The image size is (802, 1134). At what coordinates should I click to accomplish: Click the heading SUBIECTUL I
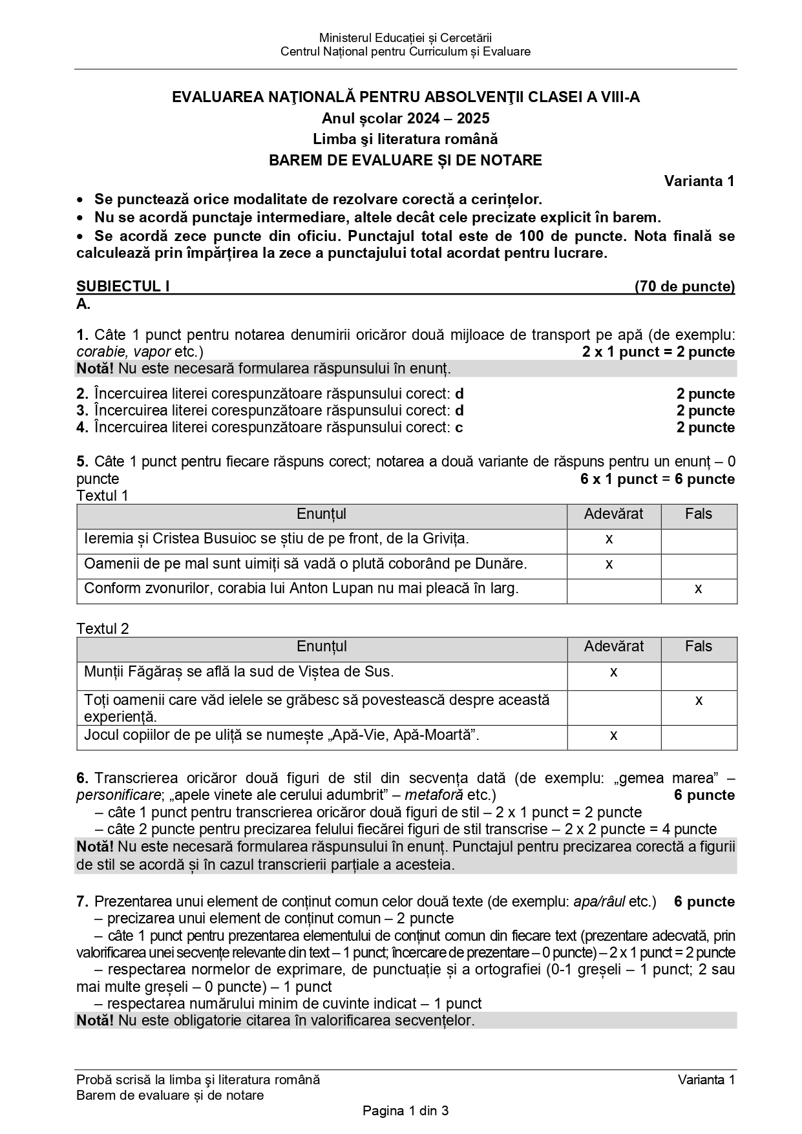(x=123, y=286)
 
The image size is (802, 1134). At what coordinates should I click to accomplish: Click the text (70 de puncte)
(x=684, y=286)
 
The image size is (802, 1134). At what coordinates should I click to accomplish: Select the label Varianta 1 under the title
(x=699, y=181)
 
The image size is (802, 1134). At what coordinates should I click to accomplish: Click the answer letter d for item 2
(x=459, y=394)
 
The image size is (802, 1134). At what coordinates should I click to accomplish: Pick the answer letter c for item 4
(x=459, y=428)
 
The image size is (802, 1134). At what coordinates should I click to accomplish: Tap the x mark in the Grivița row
(x=609, y=539)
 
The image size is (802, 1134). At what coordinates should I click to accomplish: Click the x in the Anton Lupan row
(x=698, y=589)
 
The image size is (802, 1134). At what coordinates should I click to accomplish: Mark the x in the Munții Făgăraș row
(x=613, y=672)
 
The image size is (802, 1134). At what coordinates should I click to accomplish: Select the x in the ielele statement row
(x=699, y=700)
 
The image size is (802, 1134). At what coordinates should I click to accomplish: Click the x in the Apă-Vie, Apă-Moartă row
(x=613, y=735)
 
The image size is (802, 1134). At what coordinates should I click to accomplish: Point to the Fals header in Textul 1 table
(x=698, y=514)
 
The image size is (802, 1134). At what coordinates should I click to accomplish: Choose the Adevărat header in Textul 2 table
(x=613, y=647)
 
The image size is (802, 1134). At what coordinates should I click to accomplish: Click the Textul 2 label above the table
(x=103, y=629)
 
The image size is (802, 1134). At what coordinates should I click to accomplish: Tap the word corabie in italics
(x=97, y=352)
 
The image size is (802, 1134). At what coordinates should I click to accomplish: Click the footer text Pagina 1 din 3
(x=405, y=1111)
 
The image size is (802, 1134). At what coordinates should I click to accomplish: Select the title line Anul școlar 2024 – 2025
(x=405, y=118)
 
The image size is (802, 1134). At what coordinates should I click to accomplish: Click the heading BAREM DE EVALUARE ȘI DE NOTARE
(x=405, y=160)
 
